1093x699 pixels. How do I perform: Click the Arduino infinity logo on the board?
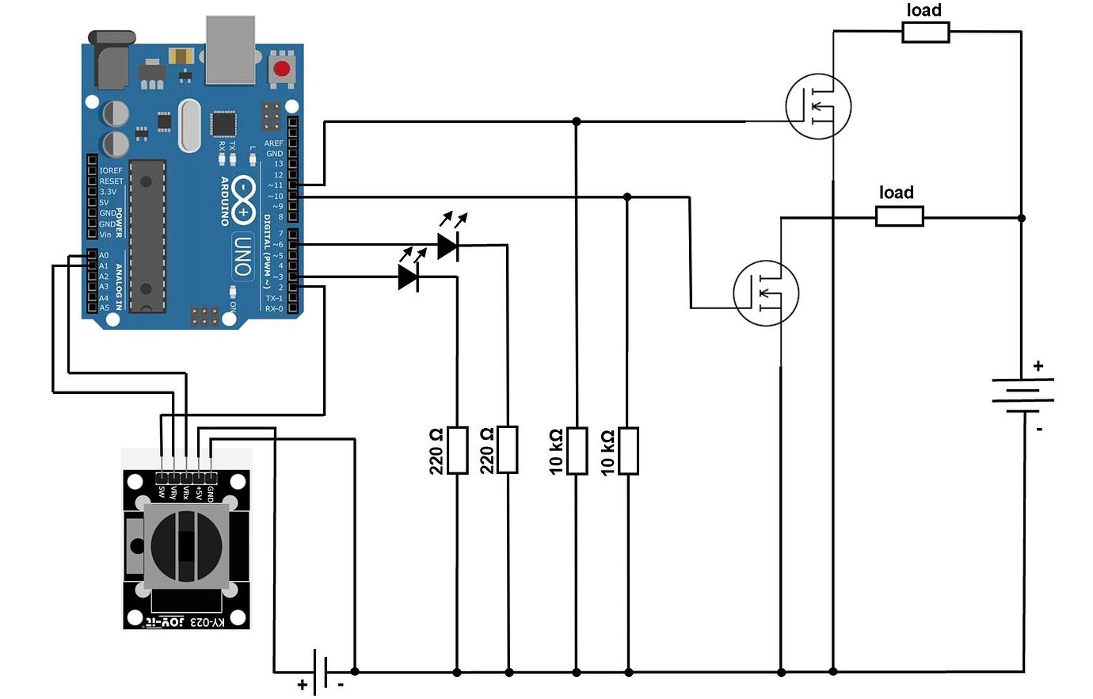pyautogui.click(x=243, y=202)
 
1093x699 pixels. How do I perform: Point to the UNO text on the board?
pyautogui.click(x=243, y=255)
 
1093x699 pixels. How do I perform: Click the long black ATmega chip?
pyautogui.click(x=147, y=235)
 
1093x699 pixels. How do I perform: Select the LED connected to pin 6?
pyautogui.click(x=448, y=246)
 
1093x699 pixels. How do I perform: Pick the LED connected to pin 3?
pyautogui.click(x=409, y=277)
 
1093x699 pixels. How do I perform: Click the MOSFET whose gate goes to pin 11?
pyautogui.click(x=818, y=106)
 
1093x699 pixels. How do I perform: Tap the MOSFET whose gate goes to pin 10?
pyautogui.click(x=766, y=293)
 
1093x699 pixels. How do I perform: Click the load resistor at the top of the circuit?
pyautogui.click(x=925, y=32)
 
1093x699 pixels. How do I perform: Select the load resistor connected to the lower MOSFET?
pyautogui.click(x=899, y=216)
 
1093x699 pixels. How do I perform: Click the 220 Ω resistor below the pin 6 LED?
pyautogui.click(x=508, y=449)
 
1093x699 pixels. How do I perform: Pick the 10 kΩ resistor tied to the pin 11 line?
pyautogui.click(x=577, y=450)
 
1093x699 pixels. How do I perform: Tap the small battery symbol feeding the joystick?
pyautogui.click(x=321, y=672)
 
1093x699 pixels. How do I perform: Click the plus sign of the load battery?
pyautogui.click(x=1038, y=366)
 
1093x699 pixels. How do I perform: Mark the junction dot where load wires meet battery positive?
pyautogui.click(x=1022, y=217)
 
